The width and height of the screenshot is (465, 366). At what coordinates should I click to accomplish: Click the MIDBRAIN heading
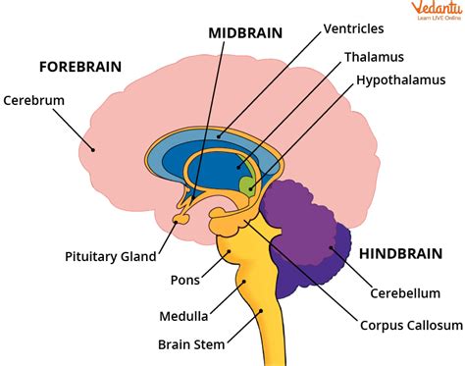[246, 32]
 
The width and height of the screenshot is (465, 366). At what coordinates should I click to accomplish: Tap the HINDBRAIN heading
[402, 253]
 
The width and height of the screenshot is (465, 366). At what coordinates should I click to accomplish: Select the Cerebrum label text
[34, 99]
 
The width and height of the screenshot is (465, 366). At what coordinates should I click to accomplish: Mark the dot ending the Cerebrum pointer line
[93, 149]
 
